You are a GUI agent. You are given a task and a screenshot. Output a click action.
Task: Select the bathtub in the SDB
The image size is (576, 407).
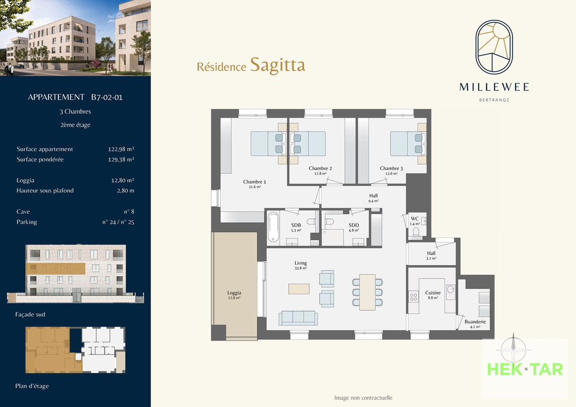[x=273, y=228]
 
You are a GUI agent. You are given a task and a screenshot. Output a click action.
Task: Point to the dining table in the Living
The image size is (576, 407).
[x=367, y=292]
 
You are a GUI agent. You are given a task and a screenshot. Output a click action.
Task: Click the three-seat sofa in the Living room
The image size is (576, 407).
[x=298, y=318]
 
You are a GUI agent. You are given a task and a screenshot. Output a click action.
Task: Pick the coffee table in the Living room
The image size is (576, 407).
[x=299, y=289]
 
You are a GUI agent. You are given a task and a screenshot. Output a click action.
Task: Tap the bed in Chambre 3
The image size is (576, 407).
[x=408, y=144]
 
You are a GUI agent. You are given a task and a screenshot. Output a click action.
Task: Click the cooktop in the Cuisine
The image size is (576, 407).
[x=414, y=296]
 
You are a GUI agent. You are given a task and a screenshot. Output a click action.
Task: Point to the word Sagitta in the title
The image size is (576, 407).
[x=277, y=65]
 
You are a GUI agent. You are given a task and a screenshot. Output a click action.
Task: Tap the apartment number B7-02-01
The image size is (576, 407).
[x=107, y=97]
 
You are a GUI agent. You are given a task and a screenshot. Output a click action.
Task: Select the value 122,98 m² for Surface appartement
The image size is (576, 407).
[x=121, y=149]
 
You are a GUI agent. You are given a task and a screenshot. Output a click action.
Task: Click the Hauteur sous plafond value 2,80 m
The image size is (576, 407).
[x=126, y=190]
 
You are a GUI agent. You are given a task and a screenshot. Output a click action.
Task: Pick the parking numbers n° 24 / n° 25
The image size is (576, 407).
[x=118, y=222]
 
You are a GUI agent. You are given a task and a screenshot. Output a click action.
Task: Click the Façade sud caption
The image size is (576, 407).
[x=30, y=314]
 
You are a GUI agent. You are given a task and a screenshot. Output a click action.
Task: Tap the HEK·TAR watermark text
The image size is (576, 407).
[x=525, y=369]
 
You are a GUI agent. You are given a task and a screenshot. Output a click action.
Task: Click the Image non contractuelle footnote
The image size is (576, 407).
[x=363, y=398]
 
